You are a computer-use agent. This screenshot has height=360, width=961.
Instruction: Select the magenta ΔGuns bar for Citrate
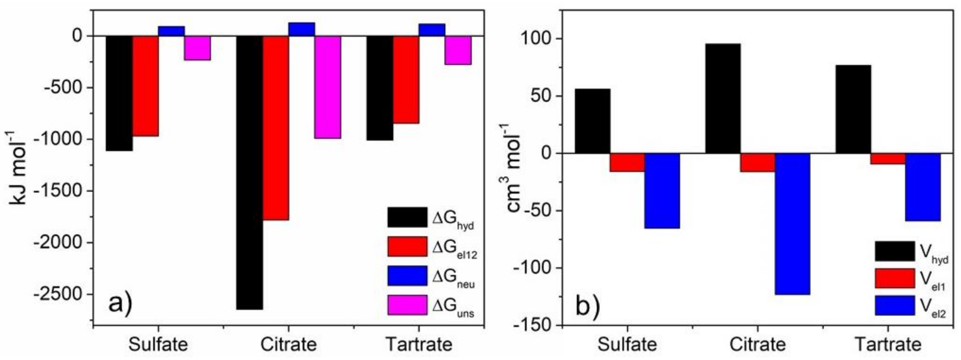click(x=328, y=87)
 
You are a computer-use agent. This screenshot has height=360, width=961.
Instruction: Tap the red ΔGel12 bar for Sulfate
click(x=146, y=86)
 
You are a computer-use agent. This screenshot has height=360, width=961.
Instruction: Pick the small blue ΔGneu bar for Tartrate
click(x=432, y=30)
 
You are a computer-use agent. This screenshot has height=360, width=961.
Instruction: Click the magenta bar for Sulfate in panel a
click(x=197, y=48)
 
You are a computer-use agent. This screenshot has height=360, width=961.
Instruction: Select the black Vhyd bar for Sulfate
click(x=592, y=121)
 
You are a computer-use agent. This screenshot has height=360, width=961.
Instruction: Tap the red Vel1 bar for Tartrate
click(x=888, y=158)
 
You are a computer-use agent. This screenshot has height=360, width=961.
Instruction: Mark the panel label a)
click(x=120, y=303)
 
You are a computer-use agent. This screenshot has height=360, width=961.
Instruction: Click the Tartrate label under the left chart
click(x=419, y=344)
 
